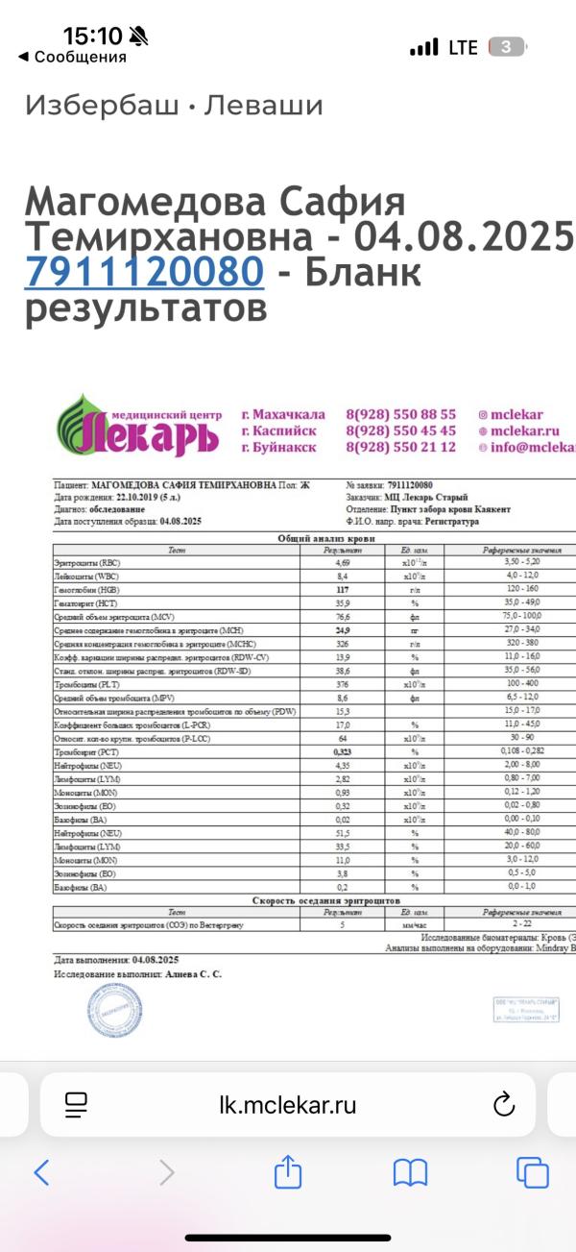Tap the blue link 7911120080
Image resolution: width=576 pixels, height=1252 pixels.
click(x=144, y=272)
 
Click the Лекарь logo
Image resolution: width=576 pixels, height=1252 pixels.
click(x=138, y=430)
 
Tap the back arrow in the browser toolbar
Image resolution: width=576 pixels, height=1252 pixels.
click(x=41, y=1171)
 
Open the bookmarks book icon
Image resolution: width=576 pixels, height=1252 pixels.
click(x=410, y=1171)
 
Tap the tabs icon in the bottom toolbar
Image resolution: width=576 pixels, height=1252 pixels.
click(x=532, y=1171)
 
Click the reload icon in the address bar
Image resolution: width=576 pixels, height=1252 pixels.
click(x=504, y=1105)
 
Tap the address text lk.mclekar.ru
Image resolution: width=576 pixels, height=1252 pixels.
click(x=288, y=1105)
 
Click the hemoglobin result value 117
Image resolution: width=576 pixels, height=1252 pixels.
click(x=342, y=589)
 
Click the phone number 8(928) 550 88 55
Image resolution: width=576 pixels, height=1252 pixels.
click(x=400, y=414)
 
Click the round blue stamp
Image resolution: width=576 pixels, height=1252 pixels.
click(x=114, y=1010)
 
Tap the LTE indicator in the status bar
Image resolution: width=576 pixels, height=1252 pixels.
click(x=463, y=47)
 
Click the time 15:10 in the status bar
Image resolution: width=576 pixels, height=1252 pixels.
click(x=93, y=37)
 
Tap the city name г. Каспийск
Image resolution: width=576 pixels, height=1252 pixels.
click(x=278, y=431)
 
